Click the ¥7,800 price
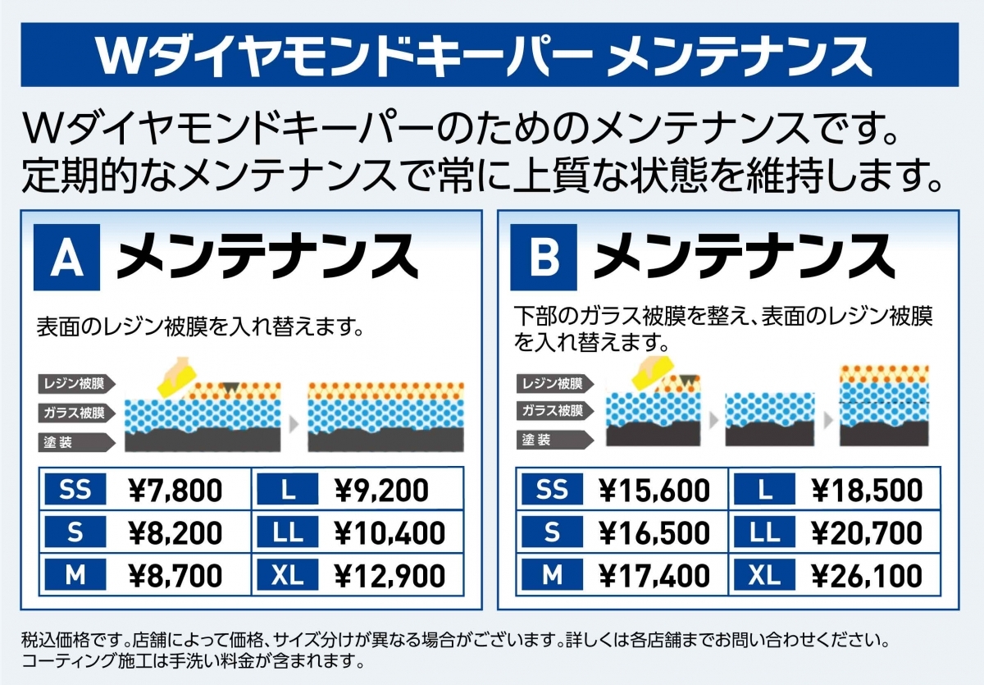point(176,491)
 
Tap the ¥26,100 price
point(868,575)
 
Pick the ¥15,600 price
point(654,491)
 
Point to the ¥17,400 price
point(654,575)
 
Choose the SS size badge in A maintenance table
point(75,491)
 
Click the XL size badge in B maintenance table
point(764,575)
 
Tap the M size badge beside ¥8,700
point(75,575)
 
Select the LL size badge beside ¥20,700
point(764,533)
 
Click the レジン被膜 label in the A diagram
point(75,384)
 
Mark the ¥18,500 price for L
point(868,491)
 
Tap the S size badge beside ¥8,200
point(75,533)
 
